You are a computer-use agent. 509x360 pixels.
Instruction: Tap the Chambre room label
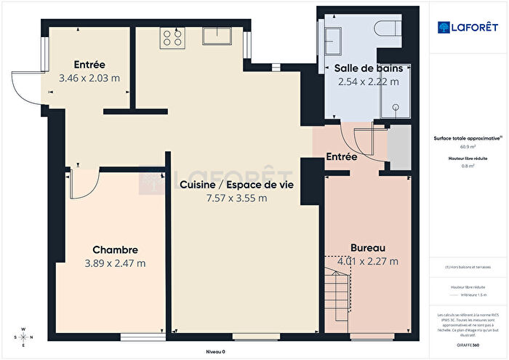115,249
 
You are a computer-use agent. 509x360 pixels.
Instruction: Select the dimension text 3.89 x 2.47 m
115,263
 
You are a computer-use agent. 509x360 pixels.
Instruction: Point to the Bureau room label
367,247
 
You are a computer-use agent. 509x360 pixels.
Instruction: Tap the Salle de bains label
368,68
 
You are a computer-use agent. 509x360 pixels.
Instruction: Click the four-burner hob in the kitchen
173,36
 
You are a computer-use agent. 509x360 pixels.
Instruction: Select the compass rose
23,337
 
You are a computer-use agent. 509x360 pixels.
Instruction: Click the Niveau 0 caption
215,351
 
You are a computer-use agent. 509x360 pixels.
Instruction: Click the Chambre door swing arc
81,186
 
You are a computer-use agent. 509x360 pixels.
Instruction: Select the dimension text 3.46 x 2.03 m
89,77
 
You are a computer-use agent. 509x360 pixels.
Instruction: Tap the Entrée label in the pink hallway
340,156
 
